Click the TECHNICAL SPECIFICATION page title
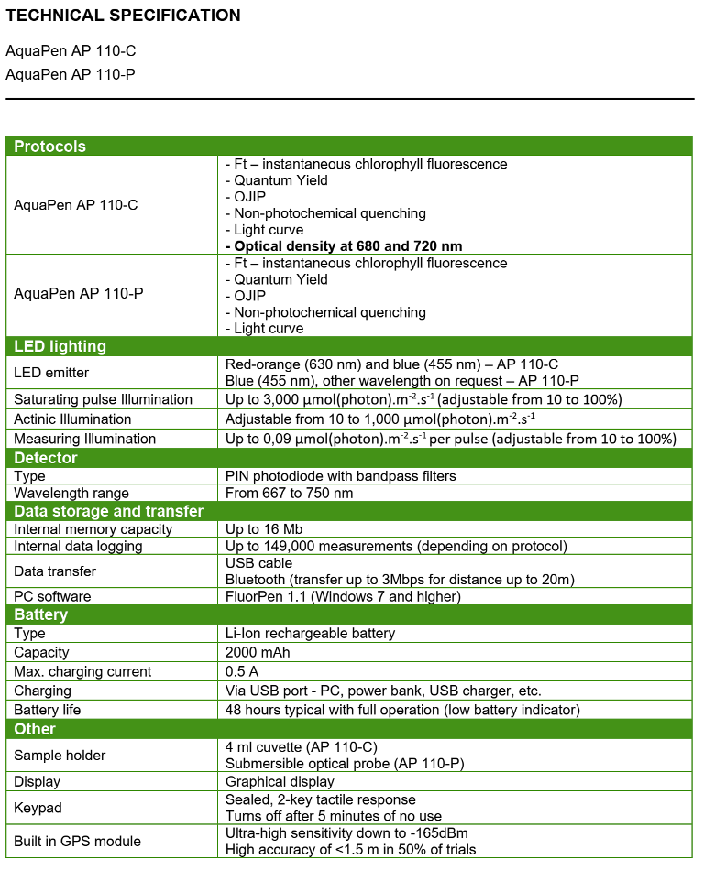pyautogui.click(x=124, y=16)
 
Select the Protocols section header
pyautogui.click(x=50, y=147)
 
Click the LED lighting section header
pyautogui.click(x=60, y=346)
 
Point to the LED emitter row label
pyautogui.click(x=51, y=372)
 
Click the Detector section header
pyautogui.click(x=46, y=458)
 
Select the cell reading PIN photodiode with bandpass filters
pyautogui.click(x=341, y=476)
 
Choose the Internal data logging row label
pyautogui.click(x=78, y=546)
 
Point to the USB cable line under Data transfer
pyautogui.click(x=259, y=562)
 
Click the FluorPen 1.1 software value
pyautogui.click(x=343, y=596)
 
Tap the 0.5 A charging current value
pyautogui.click(x=242, y=671)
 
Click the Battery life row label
pyautogui.click(x=48, y=710)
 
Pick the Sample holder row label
pyautogui.click(x=60, y=756)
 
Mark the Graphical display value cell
pyautogui.click(x=280, y=782)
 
